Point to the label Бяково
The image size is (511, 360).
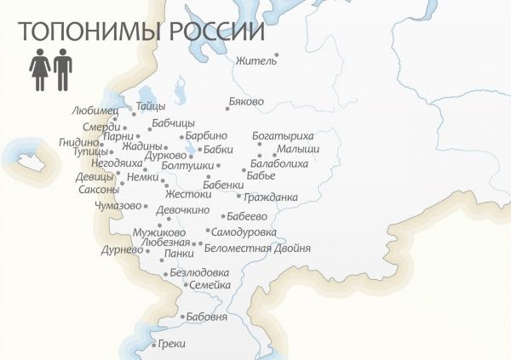247,101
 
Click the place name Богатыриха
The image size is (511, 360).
283,135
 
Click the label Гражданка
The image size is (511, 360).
271,197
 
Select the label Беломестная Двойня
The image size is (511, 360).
258,248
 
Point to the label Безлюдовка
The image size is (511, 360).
200,272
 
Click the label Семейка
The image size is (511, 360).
210,285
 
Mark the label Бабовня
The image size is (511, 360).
207,317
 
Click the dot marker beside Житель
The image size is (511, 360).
276,55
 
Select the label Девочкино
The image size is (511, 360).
182,209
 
